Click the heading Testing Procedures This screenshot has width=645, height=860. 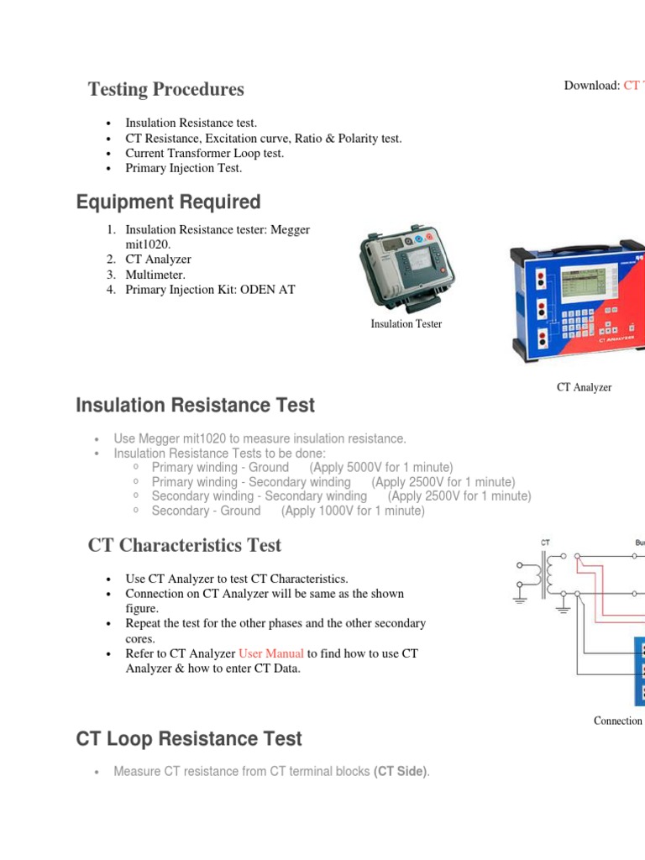click(165, 89)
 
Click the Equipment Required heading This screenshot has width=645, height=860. click(168, 202)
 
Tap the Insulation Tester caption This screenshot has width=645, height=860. click(406, 323)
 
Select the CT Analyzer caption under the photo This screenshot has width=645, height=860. click(584, 387)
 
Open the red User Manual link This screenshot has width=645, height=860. click(271, 653)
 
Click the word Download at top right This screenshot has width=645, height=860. click(591, 86)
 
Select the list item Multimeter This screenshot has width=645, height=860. click(155, 275)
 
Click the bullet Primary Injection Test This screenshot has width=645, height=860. click(183, 168)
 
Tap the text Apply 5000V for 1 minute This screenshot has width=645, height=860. click(380, 467)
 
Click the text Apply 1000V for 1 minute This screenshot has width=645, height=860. click(353, 511)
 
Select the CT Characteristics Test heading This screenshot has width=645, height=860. click(185, 545)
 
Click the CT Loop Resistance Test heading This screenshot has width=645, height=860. click(189, 739)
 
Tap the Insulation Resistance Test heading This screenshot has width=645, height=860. click(195, 406)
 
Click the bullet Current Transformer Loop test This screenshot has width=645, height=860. click(204, 153)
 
